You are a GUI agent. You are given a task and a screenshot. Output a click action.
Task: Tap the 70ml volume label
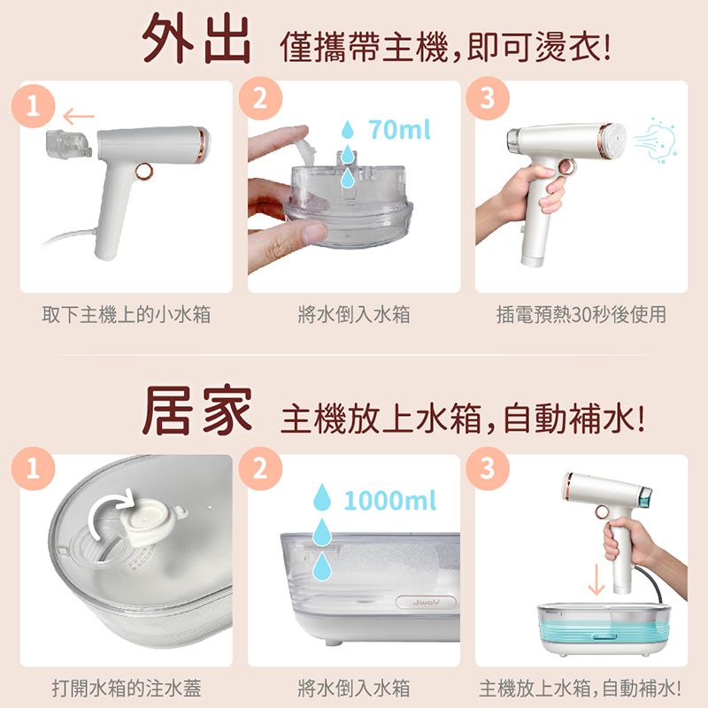click(399, 131)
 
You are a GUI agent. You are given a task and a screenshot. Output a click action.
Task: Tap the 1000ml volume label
click(390, 502)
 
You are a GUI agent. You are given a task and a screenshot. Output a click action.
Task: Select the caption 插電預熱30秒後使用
click(581, 314)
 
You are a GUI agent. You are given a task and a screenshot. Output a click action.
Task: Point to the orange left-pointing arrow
click(80, 115)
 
